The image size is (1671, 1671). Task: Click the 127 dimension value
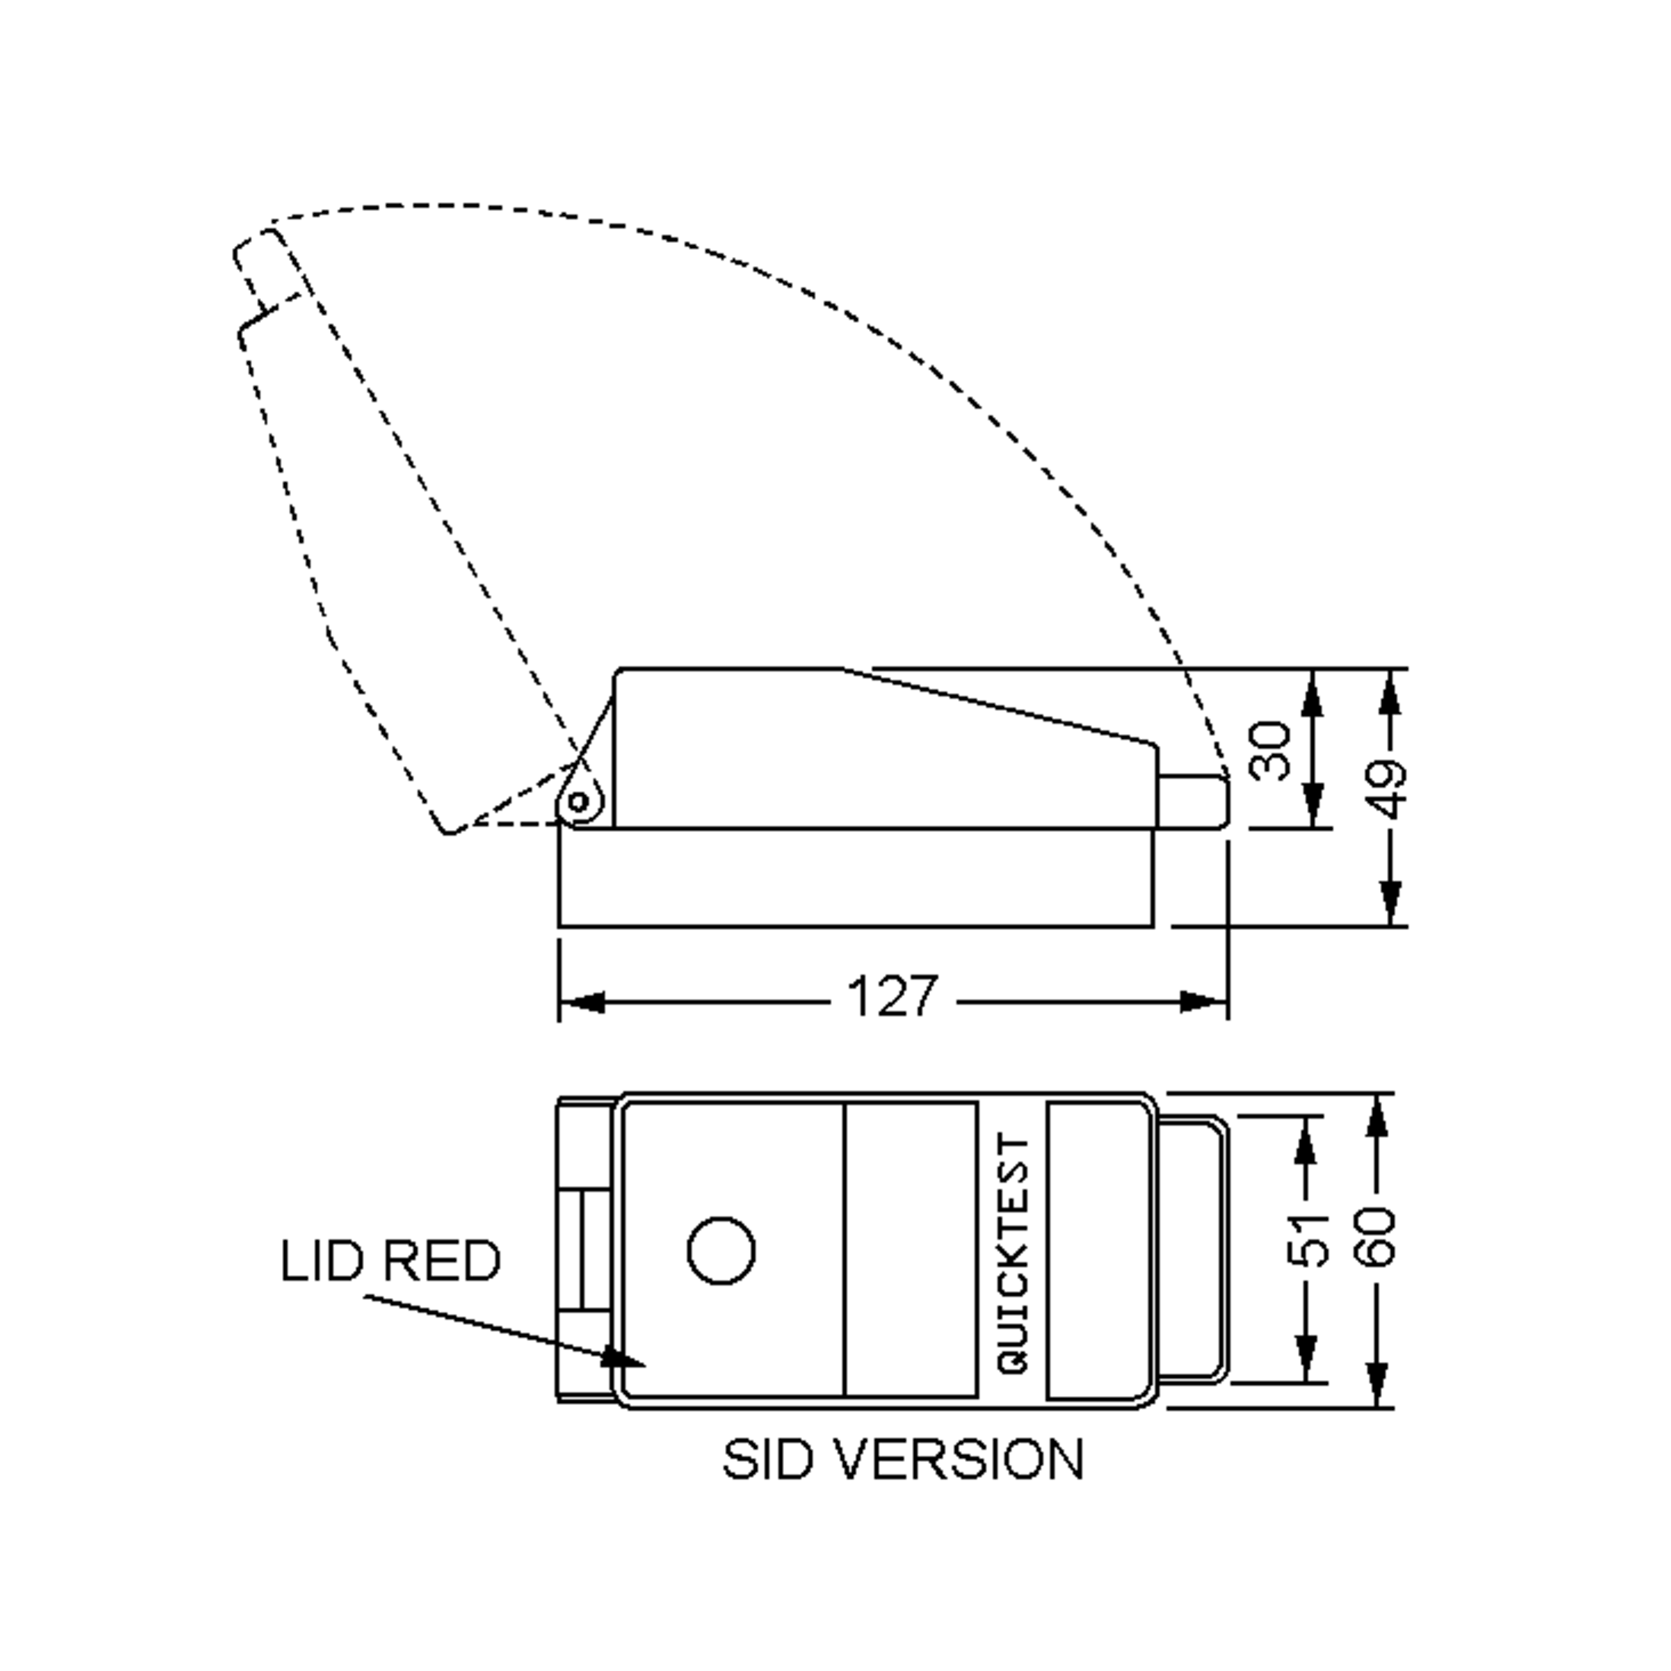click(892, 996)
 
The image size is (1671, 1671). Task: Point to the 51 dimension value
click(1306, 1240)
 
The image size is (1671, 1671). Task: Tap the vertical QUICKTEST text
click(1014, 1253)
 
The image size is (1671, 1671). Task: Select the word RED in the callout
click(441, 1261)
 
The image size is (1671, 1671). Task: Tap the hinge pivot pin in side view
click(578, 803)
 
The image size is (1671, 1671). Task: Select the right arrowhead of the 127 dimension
click(1205, 1003)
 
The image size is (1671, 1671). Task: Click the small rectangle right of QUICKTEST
click(1097, 1250)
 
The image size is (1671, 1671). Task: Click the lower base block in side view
click(856, 877)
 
